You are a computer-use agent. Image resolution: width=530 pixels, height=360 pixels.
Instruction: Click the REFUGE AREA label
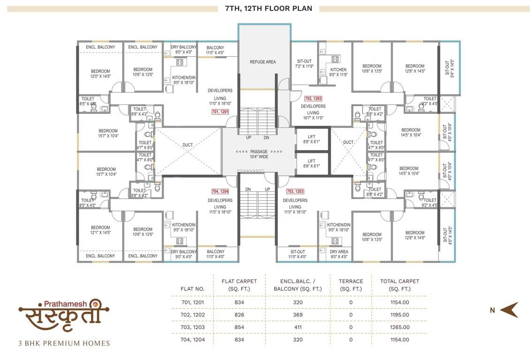[263, 62]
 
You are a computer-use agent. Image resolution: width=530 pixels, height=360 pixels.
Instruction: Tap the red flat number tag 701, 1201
[220, 112]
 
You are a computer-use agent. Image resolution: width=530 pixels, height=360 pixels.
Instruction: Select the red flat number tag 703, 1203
[295, 191]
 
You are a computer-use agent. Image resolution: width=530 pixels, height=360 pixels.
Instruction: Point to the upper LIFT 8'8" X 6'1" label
[311, 139]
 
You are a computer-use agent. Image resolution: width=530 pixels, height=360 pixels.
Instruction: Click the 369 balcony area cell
[297, 315]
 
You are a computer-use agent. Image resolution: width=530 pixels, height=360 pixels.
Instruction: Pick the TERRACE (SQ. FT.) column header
[351, 285]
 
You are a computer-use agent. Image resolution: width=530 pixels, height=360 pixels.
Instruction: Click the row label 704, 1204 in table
[193, 339]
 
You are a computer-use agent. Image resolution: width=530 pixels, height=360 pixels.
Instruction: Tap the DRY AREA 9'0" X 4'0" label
[339, 254]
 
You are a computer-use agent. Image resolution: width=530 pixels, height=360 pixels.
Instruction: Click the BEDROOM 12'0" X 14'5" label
[100, 74]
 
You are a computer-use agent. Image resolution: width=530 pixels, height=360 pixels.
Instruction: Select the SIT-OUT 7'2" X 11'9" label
[304, 64]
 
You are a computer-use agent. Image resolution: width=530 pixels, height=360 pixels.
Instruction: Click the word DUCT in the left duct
[188, 145]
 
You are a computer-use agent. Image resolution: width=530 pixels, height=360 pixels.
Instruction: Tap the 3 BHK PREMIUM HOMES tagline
[64, 343]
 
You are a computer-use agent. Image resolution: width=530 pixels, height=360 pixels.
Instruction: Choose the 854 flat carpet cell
[239, 327]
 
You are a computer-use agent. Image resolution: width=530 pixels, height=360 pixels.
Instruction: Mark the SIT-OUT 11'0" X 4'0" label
[297, 254]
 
